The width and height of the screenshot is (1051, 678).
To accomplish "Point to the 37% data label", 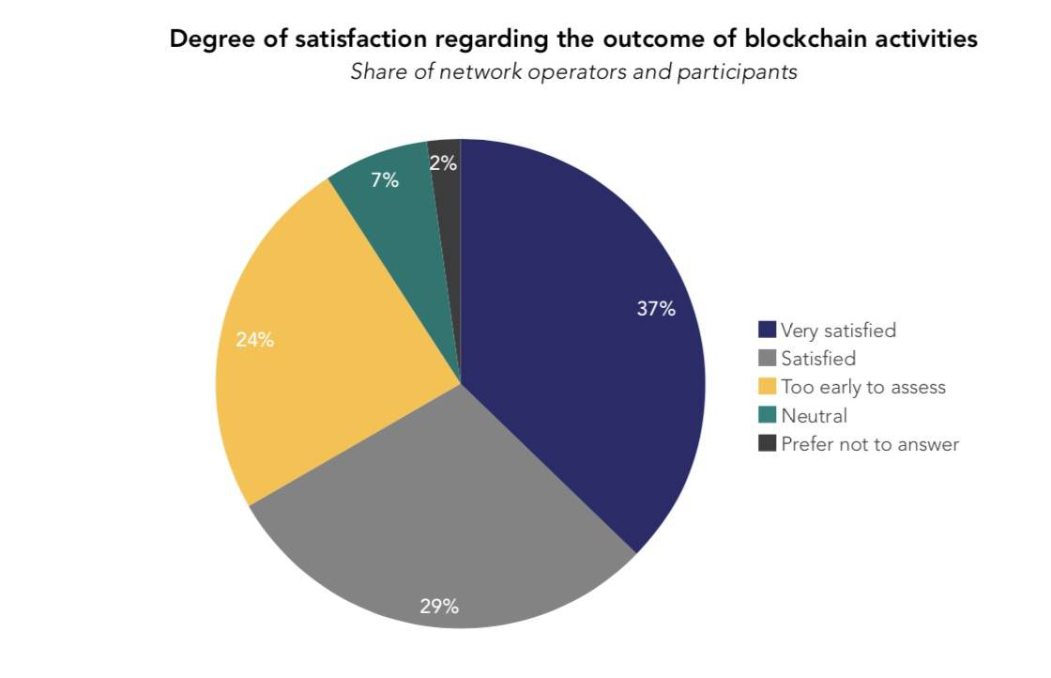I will click(656, 308).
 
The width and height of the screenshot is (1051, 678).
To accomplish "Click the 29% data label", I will click(439, 607).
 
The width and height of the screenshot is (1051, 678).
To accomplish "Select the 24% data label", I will click(255, 340).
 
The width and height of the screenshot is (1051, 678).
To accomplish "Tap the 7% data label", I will click(385, 180).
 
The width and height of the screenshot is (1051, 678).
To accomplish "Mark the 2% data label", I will click(444, 163).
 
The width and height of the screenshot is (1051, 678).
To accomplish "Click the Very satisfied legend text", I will click(838, 331).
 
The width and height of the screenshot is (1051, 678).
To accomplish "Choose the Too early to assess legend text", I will click(863, 387).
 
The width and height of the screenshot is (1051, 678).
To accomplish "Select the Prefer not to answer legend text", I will click(870, 444).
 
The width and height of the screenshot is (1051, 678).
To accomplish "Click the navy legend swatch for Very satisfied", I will click(768, 331).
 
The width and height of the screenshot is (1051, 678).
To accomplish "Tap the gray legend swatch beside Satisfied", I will click(768, 359).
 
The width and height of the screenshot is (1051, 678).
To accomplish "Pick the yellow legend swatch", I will click(768, 387).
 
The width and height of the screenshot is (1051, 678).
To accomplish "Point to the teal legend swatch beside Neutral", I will click(768, 416).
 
